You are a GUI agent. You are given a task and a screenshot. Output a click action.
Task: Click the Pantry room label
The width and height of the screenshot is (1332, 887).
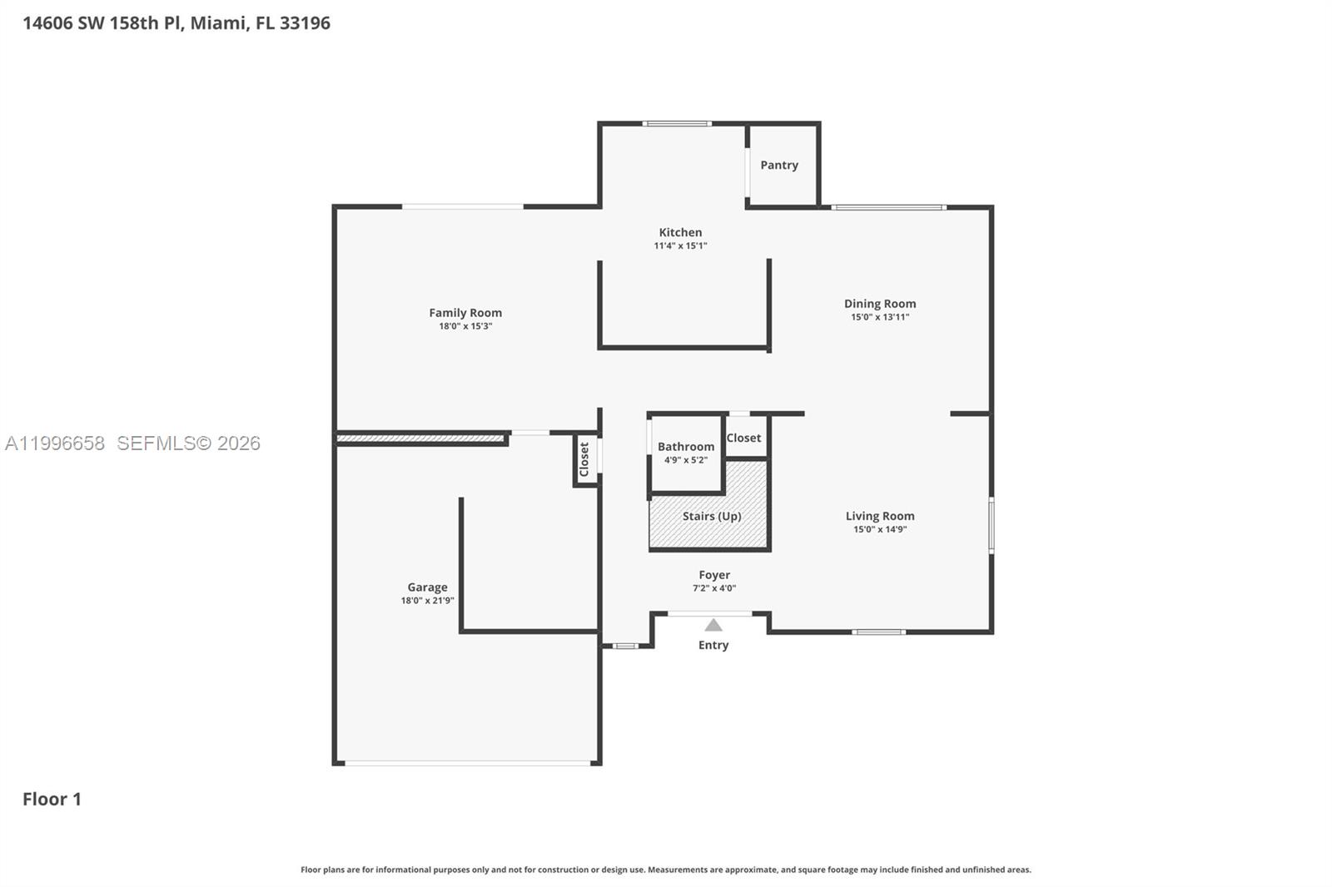click(778, 165)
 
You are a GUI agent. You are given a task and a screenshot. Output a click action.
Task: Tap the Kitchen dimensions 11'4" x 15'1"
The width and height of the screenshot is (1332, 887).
click(680, 245)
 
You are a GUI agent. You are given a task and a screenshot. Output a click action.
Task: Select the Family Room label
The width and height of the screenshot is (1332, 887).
click(465, 313)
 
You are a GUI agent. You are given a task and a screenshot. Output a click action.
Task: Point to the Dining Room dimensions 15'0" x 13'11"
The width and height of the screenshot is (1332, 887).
click(879, 317)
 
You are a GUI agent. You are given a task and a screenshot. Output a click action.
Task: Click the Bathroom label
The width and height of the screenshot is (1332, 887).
click(685, 447)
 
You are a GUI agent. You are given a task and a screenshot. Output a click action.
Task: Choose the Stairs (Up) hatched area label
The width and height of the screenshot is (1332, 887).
click(711, 516)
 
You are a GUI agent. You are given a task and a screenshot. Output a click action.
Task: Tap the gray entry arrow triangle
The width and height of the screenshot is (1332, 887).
click(713, 625)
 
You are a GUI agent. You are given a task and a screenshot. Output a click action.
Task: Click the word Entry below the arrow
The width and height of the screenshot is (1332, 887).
click(713, 645)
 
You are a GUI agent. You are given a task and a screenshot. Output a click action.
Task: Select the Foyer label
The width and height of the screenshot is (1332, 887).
click(713, 575)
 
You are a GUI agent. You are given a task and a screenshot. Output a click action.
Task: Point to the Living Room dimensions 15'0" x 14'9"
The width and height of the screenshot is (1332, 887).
click(879, 529)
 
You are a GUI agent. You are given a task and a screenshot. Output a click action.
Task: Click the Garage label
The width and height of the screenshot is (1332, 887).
click(427, 587)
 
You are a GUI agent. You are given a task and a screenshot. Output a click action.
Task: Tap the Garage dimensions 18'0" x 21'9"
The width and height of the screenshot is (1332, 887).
click(427, 601)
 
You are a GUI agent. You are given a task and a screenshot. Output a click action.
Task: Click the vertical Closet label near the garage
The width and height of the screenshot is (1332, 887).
click(584, 459)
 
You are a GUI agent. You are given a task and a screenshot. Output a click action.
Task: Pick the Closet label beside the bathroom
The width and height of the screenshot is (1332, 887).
click(743, 438)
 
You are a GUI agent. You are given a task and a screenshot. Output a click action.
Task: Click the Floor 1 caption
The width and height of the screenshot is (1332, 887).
click(52, 799)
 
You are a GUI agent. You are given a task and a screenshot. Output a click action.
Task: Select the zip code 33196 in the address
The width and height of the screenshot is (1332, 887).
click(305, 22)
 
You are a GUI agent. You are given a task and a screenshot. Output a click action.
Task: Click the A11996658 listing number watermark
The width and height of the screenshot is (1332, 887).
click(55, 443)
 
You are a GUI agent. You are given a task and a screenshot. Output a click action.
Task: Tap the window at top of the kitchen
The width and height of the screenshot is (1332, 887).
click(676, 124)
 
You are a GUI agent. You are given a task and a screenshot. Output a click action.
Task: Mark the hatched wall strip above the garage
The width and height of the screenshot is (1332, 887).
click(420, 438)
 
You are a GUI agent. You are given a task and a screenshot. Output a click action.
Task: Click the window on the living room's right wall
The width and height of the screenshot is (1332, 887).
click(991, 525)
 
